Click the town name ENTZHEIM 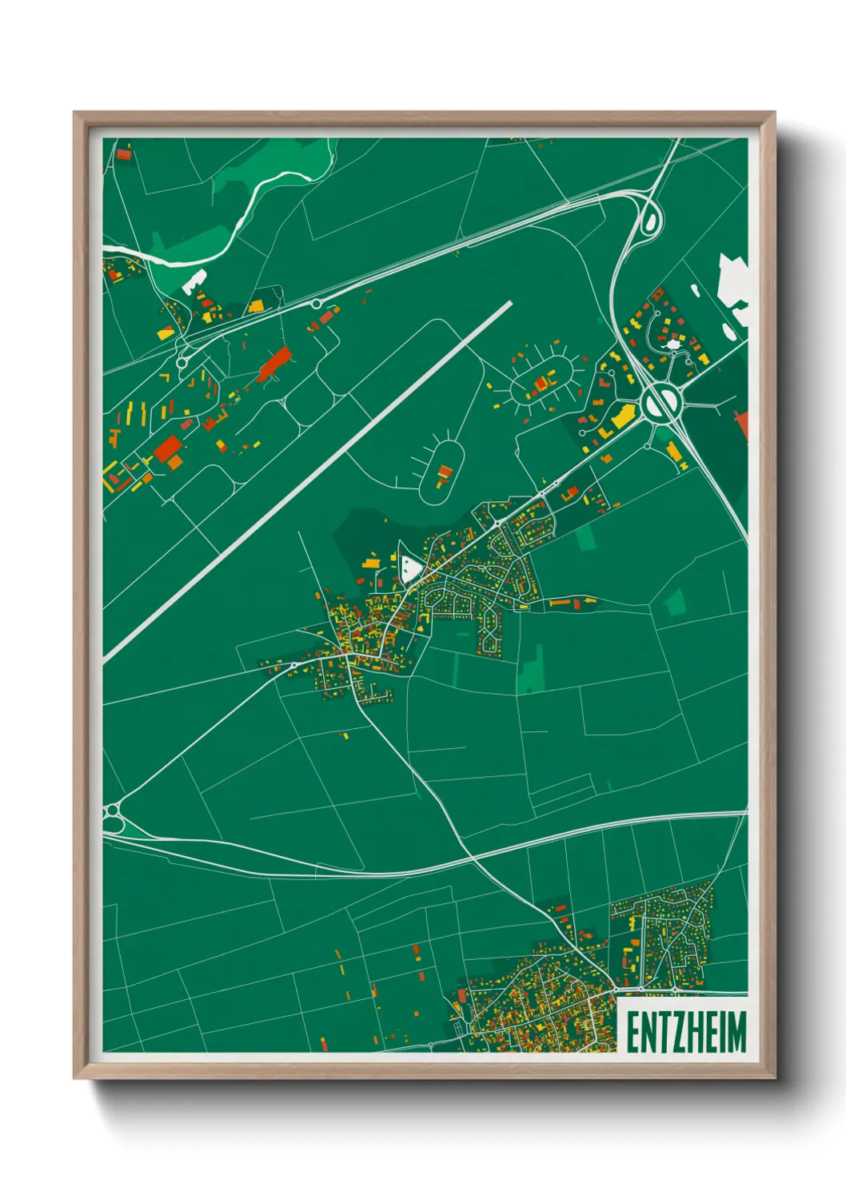coord(685,1032)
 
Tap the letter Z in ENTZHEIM coord(670,1032)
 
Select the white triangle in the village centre coord(411,568)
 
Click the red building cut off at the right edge coord(743,424)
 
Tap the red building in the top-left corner coord(123,153)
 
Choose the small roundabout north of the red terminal coord(317,304)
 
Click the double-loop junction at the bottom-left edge coord(112,817)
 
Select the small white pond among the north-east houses coord(674,344)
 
